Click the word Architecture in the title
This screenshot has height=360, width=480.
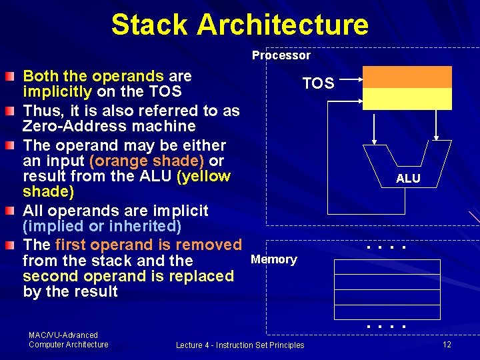coord(283,25)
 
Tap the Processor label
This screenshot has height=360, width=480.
coord(281,55)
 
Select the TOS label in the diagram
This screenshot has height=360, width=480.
coord(318,83)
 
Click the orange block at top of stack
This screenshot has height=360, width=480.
coord(406,77)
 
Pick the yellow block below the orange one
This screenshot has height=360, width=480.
coord(406,99)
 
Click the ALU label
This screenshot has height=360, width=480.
coord(408,178)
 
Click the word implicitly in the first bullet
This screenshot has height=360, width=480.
coord(57,91)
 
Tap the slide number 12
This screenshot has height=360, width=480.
coord(447,344)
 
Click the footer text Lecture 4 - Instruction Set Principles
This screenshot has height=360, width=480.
coord(240,345)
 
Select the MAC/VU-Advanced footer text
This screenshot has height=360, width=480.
coord(63,335)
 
